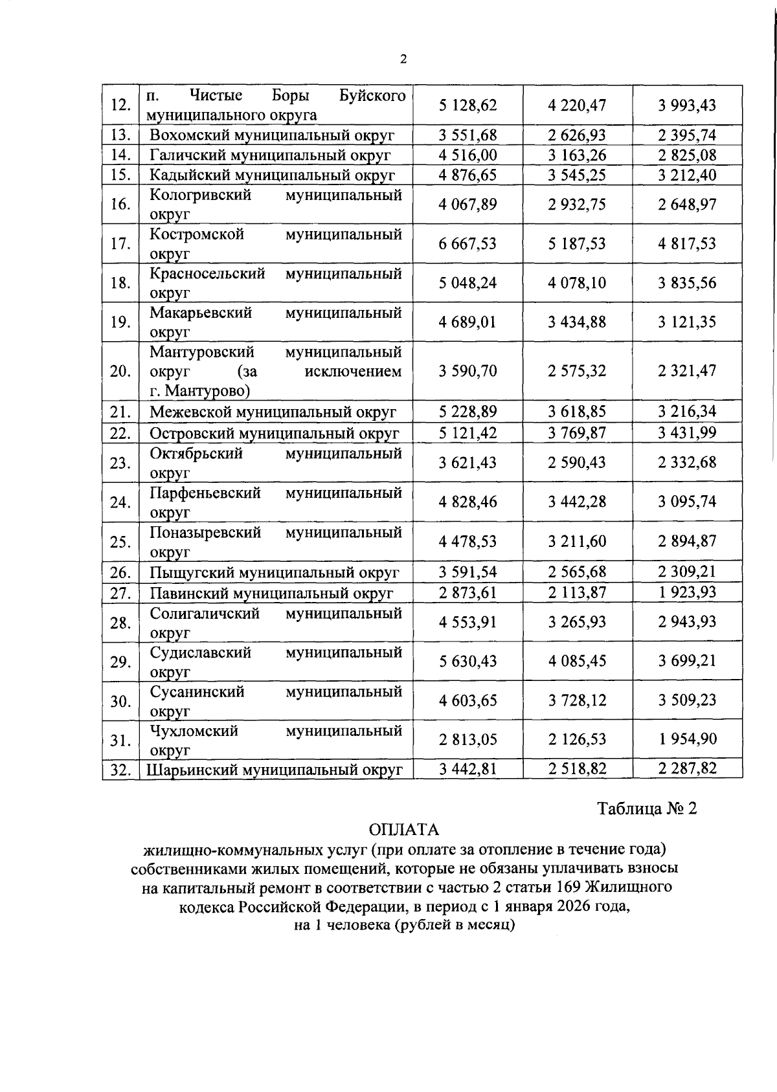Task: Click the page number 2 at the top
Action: click(x=404, y=60)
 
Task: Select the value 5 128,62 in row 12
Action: click(x=467, y=105)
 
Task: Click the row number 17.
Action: click(x=120, y=244)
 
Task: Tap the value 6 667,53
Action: click(x=467, y=244)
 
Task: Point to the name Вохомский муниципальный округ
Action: click(x=272, y=135)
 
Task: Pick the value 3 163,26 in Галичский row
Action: click(x=577, y=155)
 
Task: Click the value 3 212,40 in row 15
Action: click(x=687, y=175)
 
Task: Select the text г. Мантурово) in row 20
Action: click(x=200, y=391)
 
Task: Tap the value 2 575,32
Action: click(x=577, y=372)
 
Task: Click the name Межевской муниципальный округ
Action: click(x=273, y=412)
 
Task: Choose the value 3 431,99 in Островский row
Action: click(x=687, y=432)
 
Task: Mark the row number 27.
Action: click(x=120, y=593)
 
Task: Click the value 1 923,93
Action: click(x=687, y=592)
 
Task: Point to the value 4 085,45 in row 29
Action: click(x=577, y=662)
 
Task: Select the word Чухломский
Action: click(x=194, y=731)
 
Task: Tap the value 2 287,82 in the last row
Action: click(x=687, y=769)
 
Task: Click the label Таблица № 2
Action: click(x=646, y=809)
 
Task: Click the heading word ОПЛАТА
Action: click(x=404, y=830)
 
